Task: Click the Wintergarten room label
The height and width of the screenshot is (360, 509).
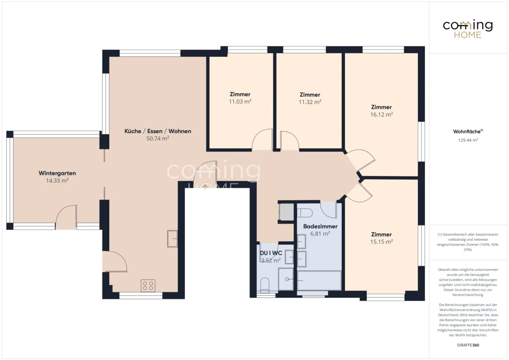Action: (57, 173)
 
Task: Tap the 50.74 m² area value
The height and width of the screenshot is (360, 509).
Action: (158, 139)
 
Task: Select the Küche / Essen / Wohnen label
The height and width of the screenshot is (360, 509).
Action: (158, 131)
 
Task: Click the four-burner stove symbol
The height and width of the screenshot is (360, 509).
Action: (148, 286)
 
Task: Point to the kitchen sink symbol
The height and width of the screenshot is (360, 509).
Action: (172, 238)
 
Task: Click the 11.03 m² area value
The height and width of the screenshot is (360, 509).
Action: (240, 101)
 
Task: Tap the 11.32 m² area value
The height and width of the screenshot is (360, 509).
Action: (310, 102)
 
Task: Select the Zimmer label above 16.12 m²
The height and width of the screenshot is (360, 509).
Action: (381, 107)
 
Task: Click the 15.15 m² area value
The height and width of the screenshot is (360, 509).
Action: (381, 242)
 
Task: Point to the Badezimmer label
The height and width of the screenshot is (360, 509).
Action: (321, 226)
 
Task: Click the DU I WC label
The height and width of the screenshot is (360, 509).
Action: (271, 253)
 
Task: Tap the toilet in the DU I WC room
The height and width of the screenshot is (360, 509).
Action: (265, 284)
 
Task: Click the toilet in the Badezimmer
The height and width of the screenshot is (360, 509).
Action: (304, 213)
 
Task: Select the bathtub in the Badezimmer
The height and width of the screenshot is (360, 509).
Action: (319, 280)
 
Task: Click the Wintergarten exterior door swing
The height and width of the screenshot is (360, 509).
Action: (66, 217)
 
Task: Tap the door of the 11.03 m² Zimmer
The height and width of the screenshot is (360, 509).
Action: (262, 139)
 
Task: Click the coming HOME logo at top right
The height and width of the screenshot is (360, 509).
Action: (468, 29)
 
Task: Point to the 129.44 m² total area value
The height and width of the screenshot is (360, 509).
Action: (468, 140)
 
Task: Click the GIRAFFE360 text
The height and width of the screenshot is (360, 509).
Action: (468, 345)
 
